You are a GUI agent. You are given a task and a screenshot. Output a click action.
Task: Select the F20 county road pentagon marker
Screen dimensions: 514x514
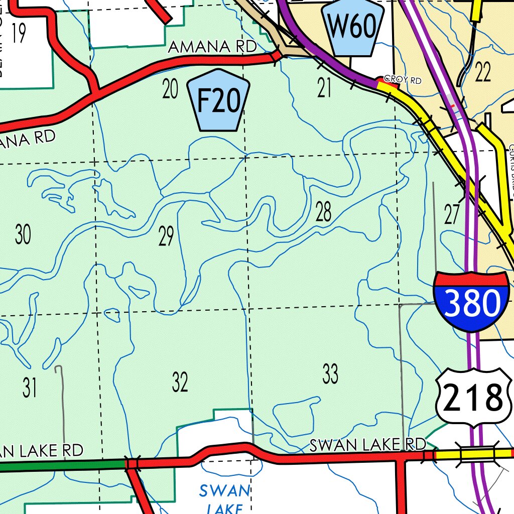218,100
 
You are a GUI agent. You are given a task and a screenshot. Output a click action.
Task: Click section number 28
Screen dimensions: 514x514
324,212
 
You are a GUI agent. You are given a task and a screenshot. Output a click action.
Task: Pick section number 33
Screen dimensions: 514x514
330,374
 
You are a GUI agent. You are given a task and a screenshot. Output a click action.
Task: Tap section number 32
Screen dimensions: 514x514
180,382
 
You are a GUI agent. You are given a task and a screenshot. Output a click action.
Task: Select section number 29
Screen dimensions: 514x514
166,236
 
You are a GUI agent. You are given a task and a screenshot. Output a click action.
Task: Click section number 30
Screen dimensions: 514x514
23,234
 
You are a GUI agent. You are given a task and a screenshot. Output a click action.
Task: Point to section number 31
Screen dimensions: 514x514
30,388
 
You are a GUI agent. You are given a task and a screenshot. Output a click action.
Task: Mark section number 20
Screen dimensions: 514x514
171,89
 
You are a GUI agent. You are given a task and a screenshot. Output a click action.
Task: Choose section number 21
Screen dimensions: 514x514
325,88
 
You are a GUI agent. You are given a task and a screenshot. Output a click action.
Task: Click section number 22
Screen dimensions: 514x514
482,73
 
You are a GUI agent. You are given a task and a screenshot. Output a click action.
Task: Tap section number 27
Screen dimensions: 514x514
452,215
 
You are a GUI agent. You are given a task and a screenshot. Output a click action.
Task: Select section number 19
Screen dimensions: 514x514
18,34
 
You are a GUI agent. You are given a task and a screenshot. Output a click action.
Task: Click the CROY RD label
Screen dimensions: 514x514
402,80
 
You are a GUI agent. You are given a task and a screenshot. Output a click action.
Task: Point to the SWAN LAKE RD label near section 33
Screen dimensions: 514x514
367,445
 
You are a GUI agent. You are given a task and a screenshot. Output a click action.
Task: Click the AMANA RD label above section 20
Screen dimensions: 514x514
212,47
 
